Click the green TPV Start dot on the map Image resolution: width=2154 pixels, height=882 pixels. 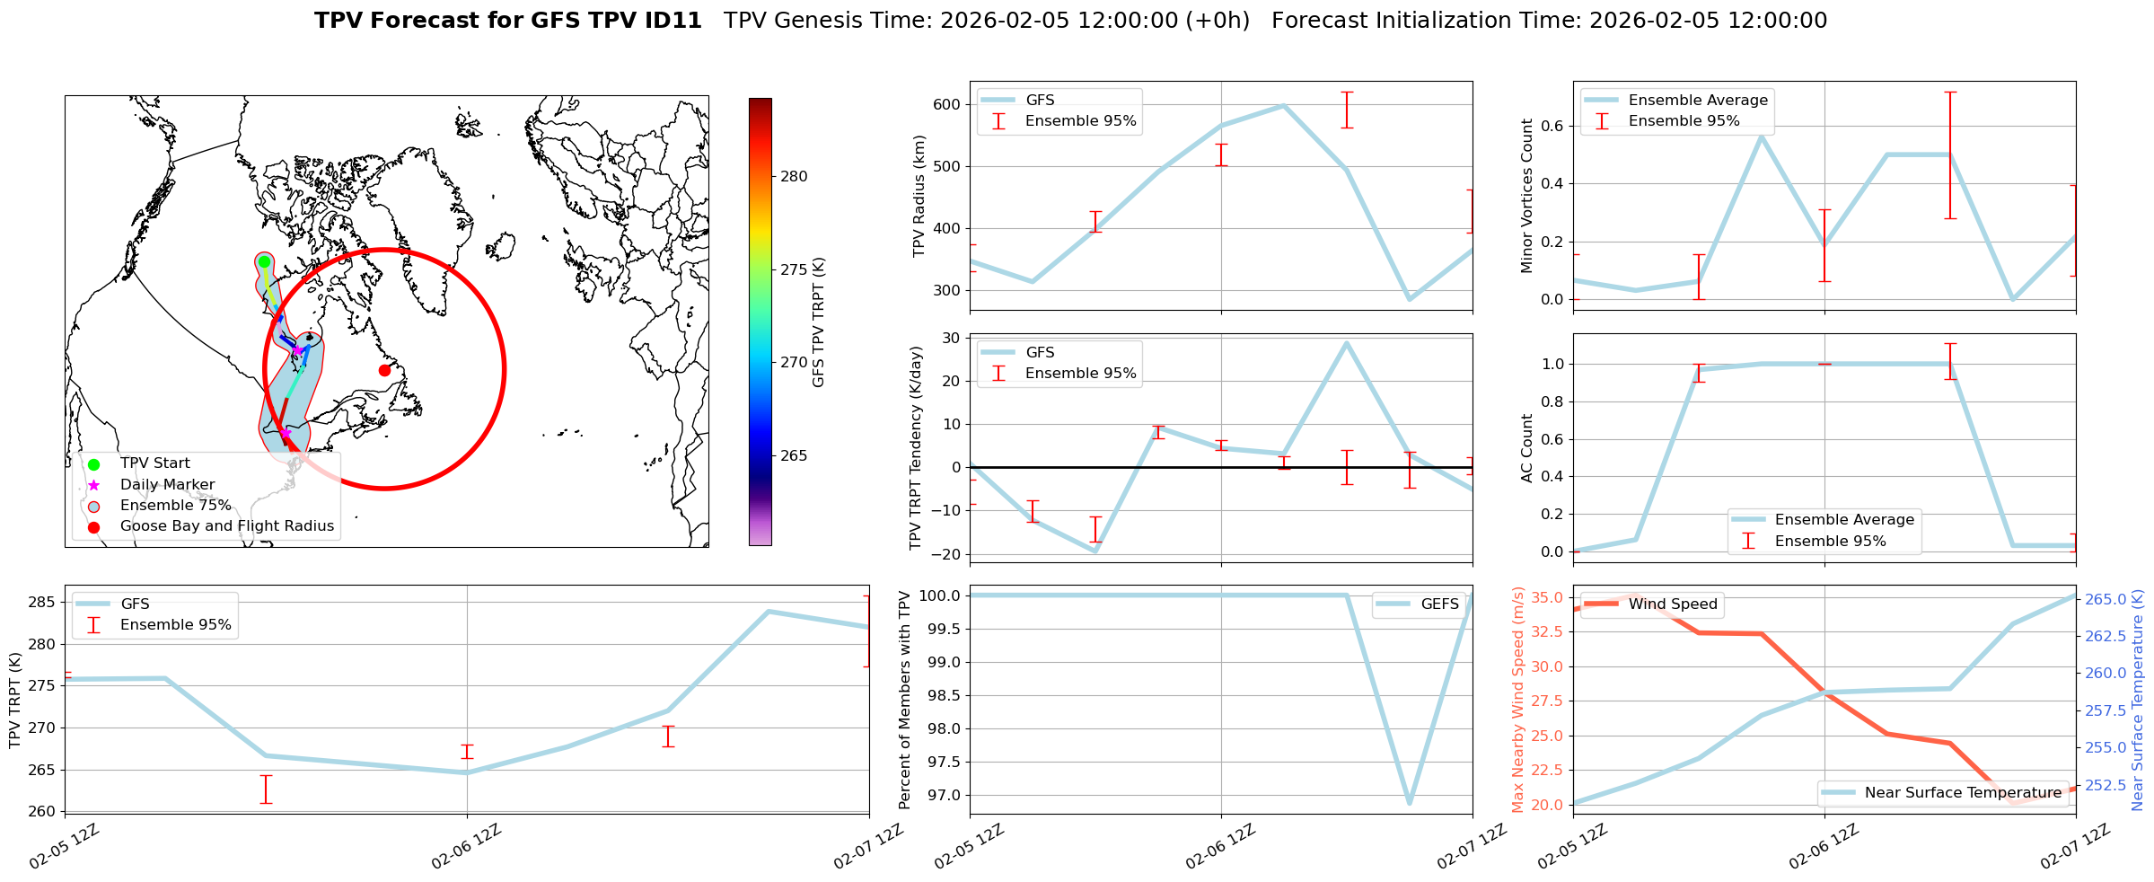point(264,262)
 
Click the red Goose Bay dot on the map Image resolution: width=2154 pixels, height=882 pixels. point(384,370)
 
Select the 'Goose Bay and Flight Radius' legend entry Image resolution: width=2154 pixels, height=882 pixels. point(226,526)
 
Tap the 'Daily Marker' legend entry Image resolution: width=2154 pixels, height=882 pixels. point(167,485)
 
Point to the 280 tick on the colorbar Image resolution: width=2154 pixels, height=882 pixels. point(794,177)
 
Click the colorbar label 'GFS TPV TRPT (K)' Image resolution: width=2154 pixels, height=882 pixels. point(818,322)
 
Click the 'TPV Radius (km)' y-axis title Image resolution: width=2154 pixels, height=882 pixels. point(919,196)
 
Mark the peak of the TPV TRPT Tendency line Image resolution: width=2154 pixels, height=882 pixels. point(1346,342)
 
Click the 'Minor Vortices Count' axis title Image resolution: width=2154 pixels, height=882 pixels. point(1527,196)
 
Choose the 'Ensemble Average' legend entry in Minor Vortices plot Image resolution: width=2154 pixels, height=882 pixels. point(1697,100)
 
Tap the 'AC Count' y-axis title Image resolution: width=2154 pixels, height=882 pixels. point(1527,448)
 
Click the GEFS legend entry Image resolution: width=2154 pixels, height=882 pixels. point(1439,604)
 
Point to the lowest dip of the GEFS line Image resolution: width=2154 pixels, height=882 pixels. point(1410,803)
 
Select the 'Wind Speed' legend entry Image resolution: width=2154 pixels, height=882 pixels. point(1672,604)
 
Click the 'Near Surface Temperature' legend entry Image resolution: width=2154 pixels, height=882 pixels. point(1962,793)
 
